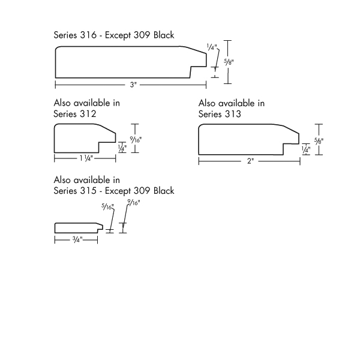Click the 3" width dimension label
point(133,85)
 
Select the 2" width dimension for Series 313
point(250,161)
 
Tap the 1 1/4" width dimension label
point(86,158)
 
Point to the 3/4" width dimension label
point(77,239)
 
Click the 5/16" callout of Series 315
point(107,207)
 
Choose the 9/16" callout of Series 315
point(134,203)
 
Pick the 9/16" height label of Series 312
point(136,139)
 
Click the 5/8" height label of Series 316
point(229,62)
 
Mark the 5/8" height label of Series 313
point(319,141)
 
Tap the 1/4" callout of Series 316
point(212,47)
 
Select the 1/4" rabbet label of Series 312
point(122,148)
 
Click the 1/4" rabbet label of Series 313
point(306,150)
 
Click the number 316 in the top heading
point(88,35)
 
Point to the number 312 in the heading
point(88,114)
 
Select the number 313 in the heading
point(233,114)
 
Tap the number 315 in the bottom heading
point(88,191)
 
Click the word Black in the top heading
point(164,35)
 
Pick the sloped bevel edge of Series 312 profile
point(107,128)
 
